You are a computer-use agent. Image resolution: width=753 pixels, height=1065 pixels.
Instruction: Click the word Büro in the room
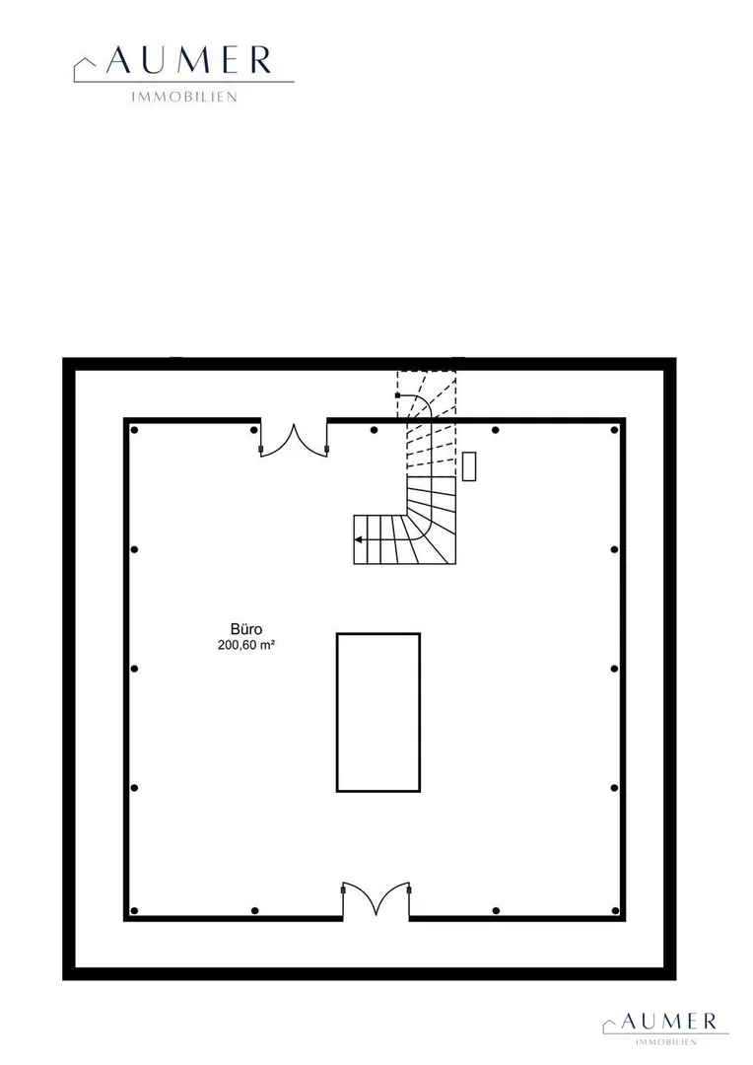(245, 629)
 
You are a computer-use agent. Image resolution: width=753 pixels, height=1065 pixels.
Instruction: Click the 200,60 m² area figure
(245, 645)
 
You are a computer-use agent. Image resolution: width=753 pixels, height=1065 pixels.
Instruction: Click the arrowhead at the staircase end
(357, 540)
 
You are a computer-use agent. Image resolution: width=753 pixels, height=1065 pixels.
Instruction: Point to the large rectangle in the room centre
(378, 713)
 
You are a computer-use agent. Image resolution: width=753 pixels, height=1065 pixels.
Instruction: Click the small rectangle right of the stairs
(469, 466)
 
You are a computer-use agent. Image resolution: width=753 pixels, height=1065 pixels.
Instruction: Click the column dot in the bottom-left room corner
(134, 911)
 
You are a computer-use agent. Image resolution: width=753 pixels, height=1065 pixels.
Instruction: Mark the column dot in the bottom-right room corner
(614, 911)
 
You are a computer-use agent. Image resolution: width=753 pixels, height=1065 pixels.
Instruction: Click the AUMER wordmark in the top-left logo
(189, 60)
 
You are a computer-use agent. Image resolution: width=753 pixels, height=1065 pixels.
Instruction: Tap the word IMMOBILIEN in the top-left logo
(184, 97)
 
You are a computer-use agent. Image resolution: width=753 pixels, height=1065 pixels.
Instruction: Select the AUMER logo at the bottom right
(665, 1028)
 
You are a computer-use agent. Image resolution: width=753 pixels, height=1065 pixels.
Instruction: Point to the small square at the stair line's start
(397, 394)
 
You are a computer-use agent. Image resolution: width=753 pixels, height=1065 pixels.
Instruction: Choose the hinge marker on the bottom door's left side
(343, 889)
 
